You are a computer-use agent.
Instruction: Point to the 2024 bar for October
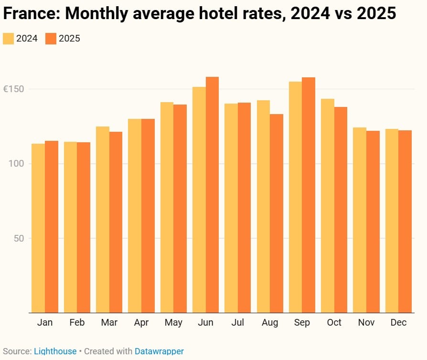click(x=328, y=206)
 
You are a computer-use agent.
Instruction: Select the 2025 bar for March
click(x=116, y=222)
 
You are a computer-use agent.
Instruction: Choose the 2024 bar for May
click(x=167, y=207)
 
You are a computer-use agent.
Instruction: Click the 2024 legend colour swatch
click(x=9, y=39)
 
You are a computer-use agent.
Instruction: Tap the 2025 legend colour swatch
click(x=51, y=39)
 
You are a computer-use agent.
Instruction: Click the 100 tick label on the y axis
click(x=17, y=164)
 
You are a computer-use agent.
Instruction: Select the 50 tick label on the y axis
click(x=19, y=238)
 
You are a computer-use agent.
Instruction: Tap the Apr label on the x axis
click(x=141, y=323)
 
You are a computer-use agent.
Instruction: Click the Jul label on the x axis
click(x=237, y=323)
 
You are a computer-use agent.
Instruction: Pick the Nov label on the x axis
click(x=366, y=323)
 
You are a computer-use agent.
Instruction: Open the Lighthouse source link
click(x=55, y=351)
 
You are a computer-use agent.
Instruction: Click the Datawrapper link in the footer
click(x=159, y=351)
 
